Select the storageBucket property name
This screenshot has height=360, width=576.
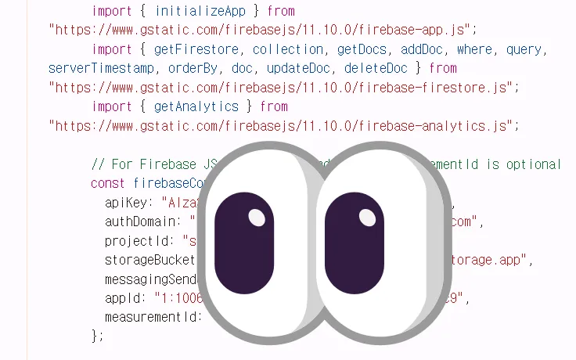tap(149, 259)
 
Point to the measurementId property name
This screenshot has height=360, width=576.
tap(152, 316)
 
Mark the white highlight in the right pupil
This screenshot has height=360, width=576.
tap(365, 215)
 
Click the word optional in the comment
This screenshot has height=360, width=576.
tap(537, 164)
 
